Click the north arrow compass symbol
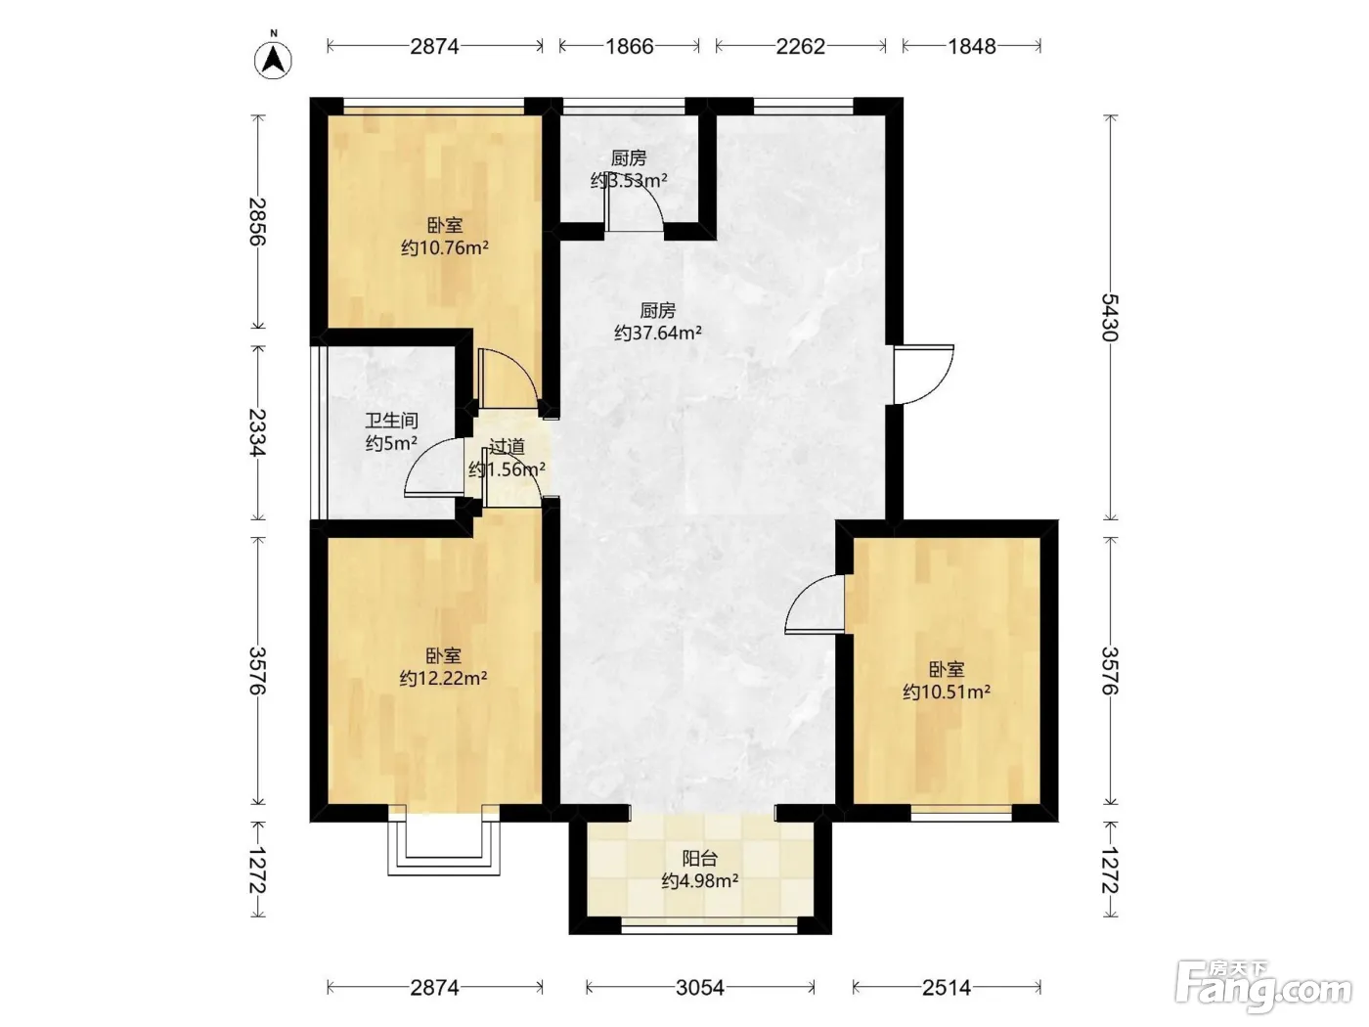coord(273,60)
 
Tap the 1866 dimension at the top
coord(630,46)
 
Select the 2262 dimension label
coord(800,46)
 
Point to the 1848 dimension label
coord(972,46)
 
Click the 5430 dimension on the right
coord(1110,317)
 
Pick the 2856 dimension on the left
coord(257,221)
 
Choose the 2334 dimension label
coord(257,432)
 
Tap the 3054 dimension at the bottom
coord(700,987)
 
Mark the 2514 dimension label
coord(947,987)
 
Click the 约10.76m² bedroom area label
coord(444,248)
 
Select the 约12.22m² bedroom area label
coord(443,679)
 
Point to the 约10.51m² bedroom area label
coord(947,692)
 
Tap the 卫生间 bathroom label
coord(391,421)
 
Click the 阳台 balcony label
coord(700,859)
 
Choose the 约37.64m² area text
coord(657,333)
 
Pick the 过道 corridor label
coord(507,446)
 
